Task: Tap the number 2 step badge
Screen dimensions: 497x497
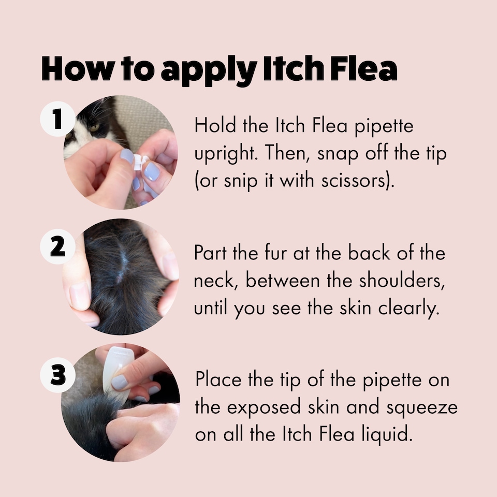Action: pos(58,247)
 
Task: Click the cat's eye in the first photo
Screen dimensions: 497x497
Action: pos(95,127)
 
